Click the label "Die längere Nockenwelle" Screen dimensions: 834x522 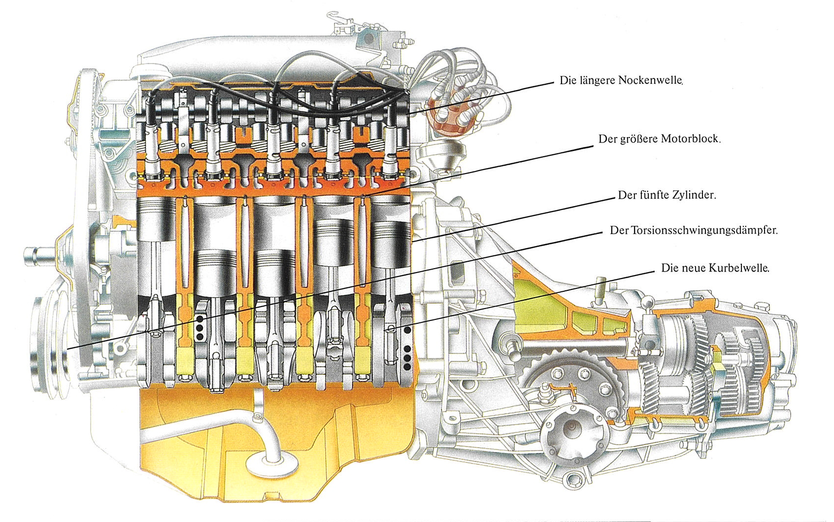(621, 80)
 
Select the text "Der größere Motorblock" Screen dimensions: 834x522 (660, 139)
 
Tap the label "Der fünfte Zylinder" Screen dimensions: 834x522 (667, 195)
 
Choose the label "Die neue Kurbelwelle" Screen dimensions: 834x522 (715, 268)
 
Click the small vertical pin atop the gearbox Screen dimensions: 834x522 (600, 291)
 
